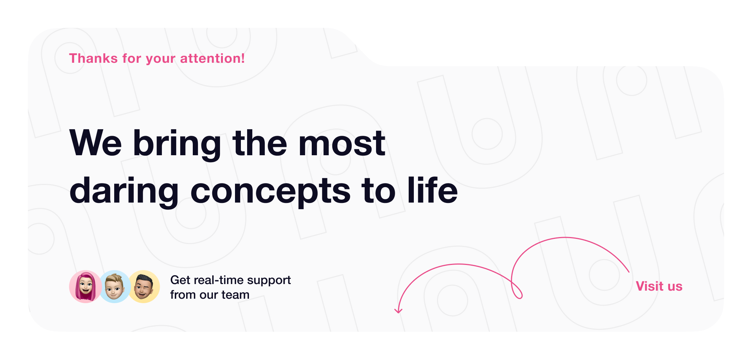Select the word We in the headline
(95, 143)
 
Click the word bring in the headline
(177, 144)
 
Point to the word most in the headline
(341, 143)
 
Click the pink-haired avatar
(85, 287)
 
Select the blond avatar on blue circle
(114, 287)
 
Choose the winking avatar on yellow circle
(144, 287)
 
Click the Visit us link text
(659, 286)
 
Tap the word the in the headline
(260, 143)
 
